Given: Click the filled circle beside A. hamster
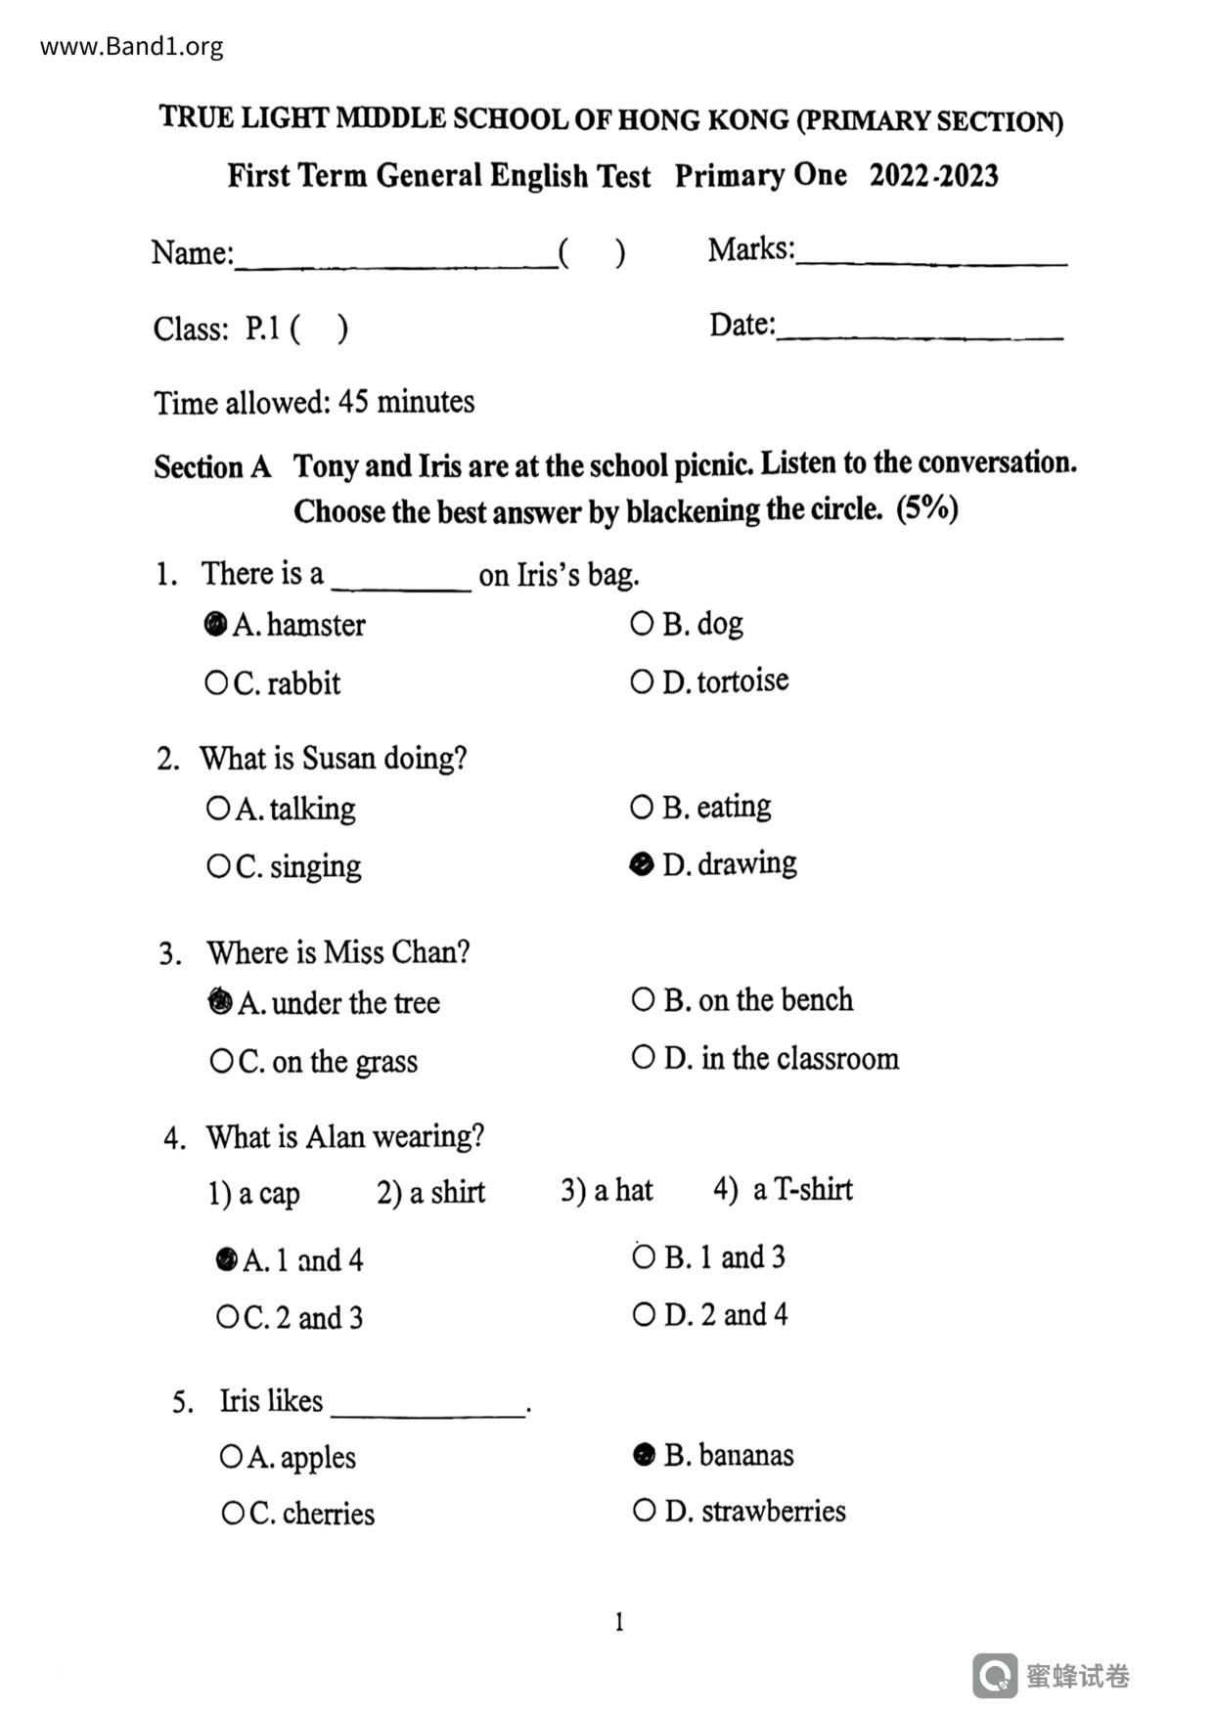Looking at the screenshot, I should (215, 624).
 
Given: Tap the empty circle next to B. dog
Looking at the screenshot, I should (642, 623).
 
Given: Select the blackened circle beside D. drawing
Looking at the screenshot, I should (642, 863).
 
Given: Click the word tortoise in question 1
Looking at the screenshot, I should (742, 681).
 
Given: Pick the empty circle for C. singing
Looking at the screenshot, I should (217, 866).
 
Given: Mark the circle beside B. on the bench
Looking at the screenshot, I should (643, 999).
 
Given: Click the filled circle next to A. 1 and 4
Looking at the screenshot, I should (226, 1259).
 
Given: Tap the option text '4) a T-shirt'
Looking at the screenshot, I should (783, 1190).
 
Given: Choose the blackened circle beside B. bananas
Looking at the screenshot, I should (644, 1455).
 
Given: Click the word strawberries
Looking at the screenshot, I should (774, 1512).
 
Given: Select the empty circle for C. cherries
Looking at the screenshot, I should (233, 1514).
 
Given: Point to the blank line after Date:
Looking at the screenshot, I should (920, 333).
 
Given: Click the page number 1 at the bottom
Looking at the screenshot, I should (618, 1622).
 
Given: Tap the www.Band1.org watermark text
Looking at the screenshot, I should (132, 46).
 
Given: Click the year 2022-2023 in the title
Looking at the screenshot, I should (933, 176).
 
